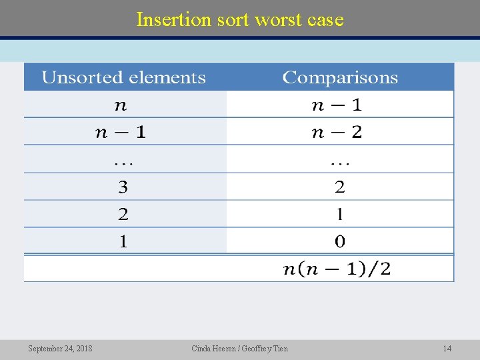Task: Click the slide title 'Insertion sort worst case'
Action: [240, 20]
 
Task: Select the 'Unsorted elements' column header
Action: [124, 78]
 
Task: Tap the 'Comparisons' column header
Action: [340, 78]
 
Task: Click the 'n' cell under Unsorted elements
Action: [120, 105]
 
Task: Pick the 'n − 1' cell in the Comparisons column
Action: [337, 105]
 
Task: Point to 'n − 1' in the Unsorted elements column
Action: [121, 132]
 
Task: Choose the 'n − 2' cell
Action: [337, 132]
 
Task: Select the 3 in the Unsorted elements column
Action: [123, 187]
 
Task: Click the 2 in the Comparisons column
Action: [340, 187]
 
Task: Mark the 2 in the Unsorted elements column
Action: [123, 214]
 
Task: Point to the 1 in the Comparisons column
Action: [340, 214]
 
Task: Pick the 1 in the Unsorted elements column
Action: [123, 241]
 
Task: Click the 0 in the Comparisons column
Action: [340, 241]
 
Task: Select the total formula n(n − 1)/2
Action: [337, 269]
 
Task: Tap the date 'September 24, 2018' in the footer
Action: [60, 349]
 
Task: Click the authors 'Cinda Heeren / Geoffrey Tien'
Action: [240, 349]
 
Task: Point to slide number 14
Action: [447, 349]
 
